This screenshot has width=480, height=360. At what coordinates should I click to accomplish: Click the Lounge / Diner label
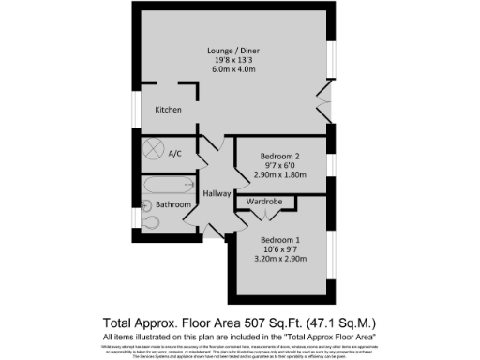click(234, 50)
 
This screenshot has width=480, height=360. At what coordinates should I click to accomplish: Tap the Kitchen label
click(169, 110)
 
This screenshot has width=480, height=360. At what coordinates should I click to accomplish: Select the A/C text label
click(174, 153)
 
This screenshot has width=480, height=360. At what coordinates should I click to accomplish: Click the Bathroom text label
click(173, 204)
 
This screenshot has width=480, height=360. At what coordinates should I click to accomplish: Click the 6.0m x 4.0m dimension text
click(234, 71)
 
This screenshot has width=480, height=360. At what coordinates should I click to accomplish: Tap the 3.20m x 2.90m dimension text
click(282, 260)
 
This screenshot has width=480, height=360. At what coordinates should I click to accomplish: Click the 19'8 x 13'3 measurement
click(234, 61)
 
